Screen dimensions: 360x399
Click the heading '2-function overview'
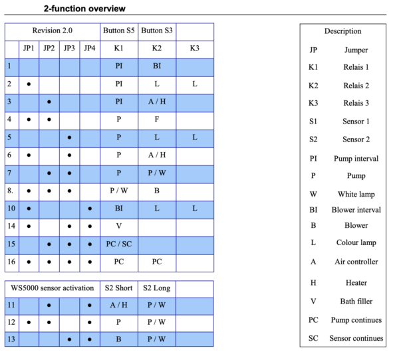[84, 9]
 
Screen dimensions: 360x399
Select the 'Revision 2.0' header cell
[53, 31]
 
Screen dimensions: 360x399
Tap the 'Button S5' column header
[119, 31]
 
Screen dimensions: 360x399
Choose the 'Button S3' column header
[158, 31]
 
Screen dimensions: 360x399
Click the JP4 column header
[90, 48]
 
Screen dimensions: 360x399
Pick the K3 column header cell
[194, 48]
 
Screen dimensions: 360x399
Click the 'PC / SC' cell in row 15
[119, 244]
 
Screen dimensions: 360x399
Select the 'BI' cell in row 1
[158, 66]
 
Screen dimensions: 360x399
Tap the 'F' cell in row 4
[158, 120]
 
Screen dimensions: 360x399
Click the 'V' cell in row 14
[119, 226]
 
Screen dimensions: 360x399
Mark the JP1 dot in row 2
[29, 84]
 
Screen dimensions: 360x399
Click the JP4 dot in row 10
[90, 209]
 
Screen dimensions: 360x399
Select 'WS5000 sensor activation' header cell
[53, 289]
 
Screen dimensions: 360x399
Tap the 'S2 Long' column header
[158, 289]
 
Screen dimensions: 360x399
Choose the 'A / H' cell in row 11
[119, 306]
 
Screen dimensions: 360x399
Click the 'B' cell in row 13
[119, 338]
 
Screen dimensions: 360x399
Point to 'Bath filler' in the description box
[356, 301]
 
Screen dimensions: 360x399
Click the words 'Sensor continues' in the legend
[356, 338]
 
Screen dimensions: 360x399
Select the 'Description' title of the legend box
[342, 31]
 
